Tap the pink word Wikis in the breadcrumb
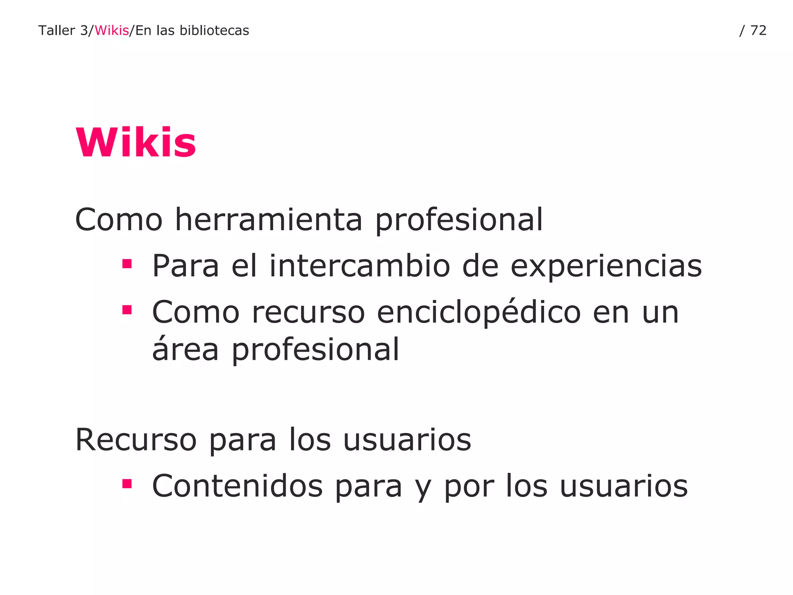[x=112, y=31]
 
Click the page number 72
[x=758, y=31]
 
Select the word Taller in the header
[x=57, y=31]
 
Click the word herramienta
[x=269, y=220]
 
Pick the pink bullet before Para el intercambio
[x=127, y=264]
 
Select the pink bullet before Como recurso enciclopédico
[x=127, y=310]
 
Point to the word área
[x=185, y=349]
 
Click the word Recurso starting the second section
[x=136, y=440]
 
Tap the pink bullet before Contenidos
[x=127, y=484]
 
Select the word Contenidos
[x=237, y=486]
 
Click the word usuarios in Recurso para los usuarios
[x=407, y=440]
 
